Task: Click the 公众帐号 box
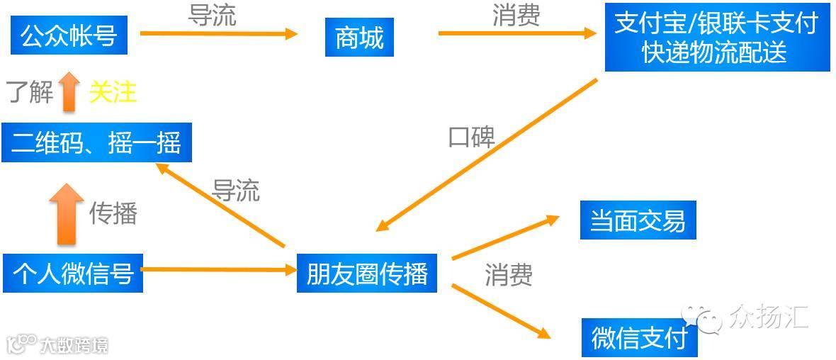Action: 69,35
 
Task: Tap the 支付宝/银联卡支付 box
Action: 716,38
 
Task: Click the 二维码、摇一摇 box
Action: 96,142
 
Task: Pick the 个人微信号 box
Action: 73,273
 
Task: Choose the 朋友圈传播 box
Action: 367,273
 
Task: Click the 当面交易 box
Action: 638,220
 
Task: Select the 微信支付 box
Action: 639,337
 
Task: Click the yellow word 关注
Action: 113,92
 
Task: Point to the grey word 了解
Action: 30,92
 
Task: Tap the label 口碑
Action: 471,137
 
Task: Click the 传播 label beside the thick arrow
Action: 113,213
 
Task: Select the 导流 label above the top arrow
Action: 211,16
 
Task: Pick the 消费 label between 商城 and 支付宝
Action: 516,16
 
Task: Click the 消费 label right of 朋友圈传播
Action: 509,275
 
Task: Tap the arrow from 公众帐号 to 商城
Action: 218,33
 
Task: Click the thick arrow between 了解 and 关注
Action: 69,91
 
